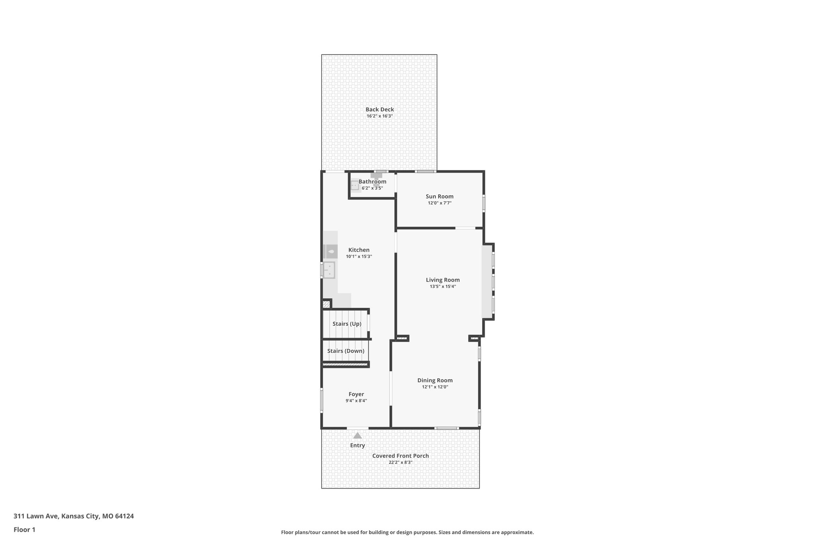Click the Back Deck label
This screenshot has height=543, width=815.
pyautogui.click(x=380, y=109)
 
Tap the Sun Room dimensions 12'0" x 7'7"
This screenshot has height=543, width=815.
pyautogui.click(x=439, y=203)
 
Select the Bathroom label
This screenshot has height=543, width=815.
pyautogui.click(x=372, y=181)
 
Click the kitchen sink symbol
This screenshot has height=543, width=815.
pyautogui.click(x=329, y=270)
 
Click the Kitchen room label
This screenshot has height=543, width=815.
pyautogui.click(x=359, y=250)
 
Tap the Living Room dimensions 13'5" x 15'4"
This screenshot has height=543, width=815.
pyautogui.click(x=443, y=286)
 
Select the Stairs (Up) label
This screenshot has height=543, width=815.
pyautogui.click(x=347, y=324)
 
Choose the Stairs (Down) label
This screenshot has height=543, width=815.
pyautogui.click(x=345, y=351)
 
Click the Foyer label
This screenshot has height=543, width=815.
pyautogui.click(x=356, y=394)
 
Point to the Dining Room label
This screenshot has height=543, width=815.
pyautogui.click(x=435, y=380)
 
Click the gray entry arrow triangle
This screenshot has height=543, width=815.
pyautogui.click(x=357, y=436)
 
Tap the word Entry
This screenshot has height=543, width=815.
pyautogui.click(x=357, y=446)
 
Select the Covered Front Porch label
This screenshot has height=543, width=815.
pyautogui.click(x=400, y=456)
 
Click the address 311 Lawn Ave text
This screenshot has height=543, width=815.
pyautogui.click(x=74, y=516)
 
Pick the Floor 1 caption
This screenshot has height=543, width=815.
pyautogui.click(x=24, y=530)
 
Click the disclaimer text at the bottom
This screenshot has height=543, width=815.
pyautogui.click(x=407, y=532)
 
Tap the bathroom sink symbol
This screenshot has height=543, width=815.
pyautogui.click(x=355, y=185)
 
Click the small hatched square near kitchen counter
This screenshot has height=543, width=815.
pyautogui.click(x=326, y=305)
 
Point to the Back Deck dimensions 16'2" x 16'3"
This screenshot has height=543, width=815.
pyautogui.click(x=380, y=116)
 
